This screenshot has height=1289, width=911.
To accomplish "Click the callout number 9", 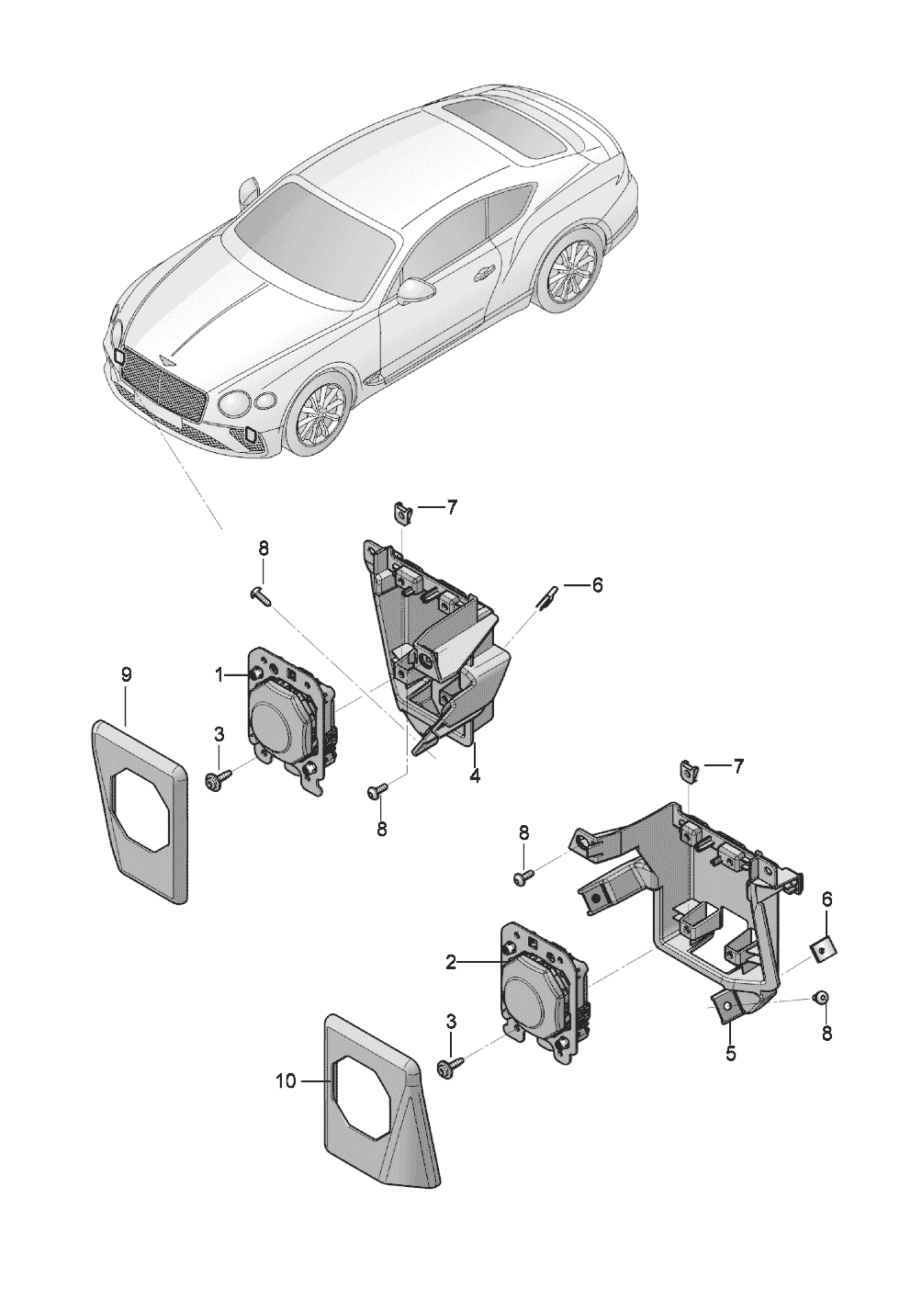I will click(x=127, y=675).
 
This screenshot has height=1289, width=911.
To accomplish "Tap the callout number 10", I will click(x=286, y=1081).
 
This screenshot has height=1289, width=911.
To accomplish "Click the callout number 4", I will click(x=475, y=775).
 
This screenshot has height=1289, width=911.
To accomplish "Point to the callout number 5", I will click(x=731, y=1054).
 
